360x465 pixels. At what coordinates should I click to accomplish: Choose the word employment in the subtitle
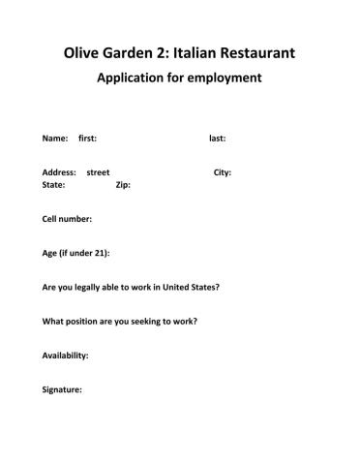click(x=227, y=78)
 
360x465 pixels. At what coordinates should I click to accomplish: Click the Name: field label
click(x=55, y=139)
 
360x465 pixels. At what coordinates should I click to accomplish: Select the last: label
click(x=218, y=139)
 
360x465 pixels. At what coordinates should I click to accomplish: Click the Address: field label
click(x=59, y=172)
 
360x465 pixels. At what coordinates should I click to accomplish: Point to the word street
click(x=98, y=172)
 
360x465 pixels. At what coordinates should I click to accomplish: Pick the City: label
click(x=222, y=172)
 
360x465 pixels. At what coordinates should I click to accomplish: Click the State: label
click(x=54, y=184)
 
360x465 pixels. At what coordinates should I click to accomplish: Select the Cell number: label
click(x=68, y=219)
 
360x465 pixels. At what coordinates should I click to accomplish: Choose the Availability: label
click(x=66, y=355)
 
